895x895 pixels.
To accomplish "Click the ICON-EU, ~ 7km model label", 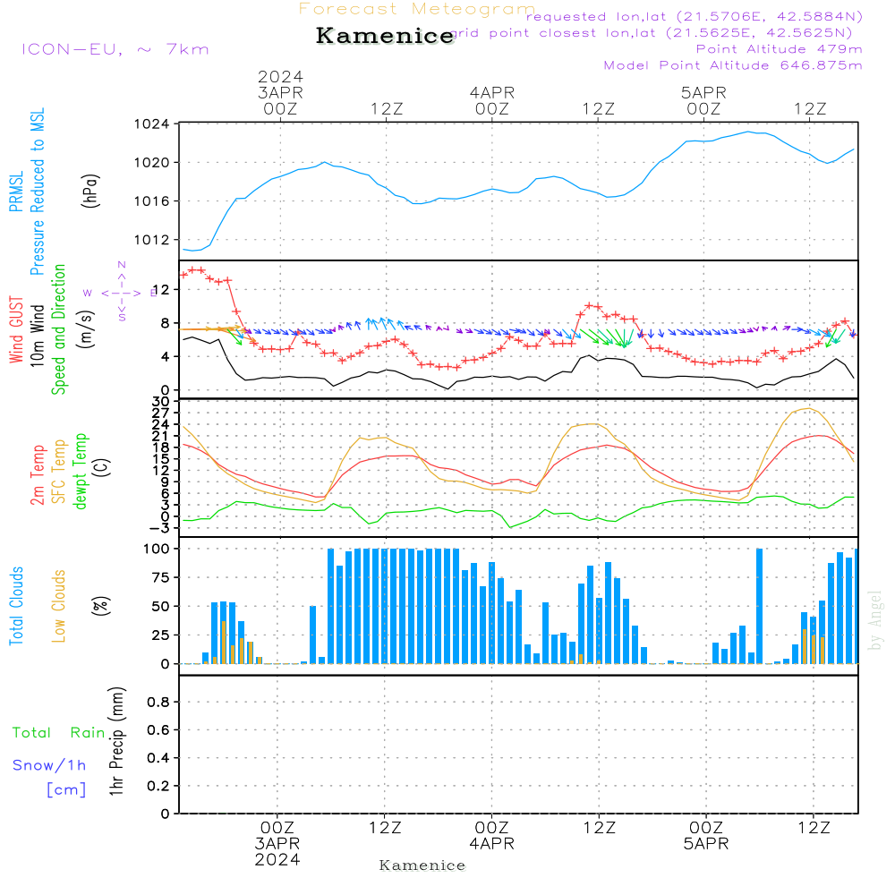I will (115, 49).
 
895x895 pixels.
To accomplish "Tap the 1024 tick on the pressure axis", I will (158, 124).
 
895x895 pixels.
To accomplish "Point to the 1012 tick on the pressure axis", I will (158, 239).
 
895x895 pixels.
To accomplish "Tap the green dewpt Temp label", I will (81, 472).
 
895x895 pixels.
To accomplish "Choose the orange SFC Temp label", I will (59, 472).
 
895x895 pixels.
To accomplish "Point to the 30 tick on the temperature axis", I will (161, 402).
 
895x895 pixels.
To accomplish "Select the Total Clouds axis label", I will (16, 606).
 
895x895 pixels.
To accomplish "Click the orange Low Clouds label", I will (59, 606).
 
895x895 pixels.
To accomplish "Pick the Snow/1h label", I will (49, 765).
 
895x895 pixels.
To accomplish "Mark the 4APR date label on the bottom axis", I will (491, 844).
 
